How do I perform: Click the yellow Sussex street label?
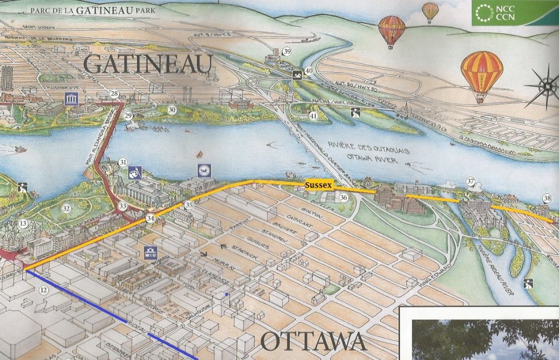319,185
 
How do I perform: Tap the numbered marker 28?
114,94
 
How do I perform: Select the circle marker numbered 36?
344,198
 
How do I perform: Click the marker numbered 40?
309,71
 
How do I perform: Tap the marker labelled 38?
547,197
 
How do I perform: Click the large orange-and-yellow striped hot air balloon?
482,74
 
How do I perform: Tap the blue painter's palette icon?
134,173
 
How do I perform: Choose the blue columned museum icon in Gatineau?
73,98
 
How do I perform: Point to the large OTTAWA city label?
313,341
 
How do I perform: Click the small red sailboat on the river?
199,155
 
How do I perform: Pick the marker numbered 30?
171,109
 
